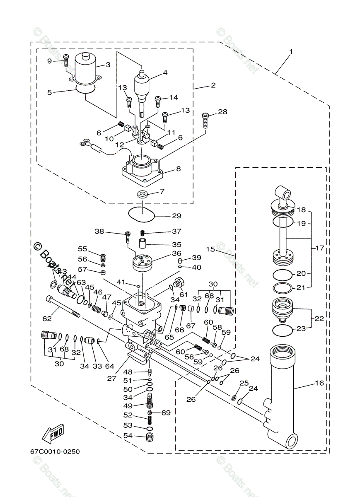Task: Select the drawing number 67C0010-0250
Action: click(54, 451)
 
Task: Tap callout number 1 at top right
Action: click(291, 52)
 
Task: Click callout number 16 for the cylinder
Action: click(319, 383)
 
